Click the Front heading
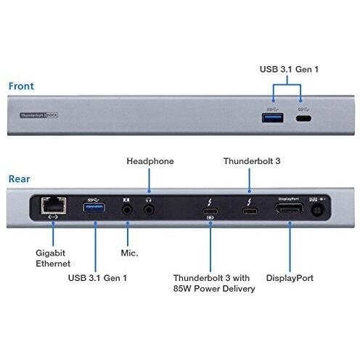(x=21, y=86)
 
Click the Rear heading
(x=20, y=179)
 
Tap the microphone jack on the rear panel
(x=128, y=209)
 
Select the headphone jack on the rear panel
(x=150, y=209)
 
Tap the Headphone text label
(x=150, y=161)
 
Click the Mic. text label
(x=128, y=254)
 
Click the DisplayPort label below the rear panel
(x=290, y=277)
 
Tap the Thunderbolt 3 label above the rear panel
(x=249, y=161)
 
